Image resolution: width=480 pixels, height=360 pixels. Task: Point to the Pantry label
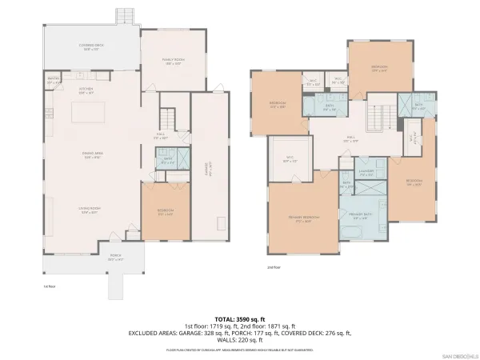(x=53, y=79)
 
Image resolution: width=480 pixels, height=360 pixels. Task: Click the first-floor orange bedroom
(x=166, y=211)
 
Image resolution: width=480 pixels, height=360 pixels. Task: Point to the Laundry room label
(x=367, y=171)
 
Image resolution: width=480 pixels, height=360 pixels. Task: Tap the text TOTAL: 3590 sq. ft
(x=239, y=318)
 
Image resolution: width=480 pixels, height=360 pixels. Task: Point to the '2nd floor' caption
(x=274, y=267)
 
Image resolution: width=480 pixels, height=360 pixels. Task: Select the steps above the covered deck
(x=125, y=17)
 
